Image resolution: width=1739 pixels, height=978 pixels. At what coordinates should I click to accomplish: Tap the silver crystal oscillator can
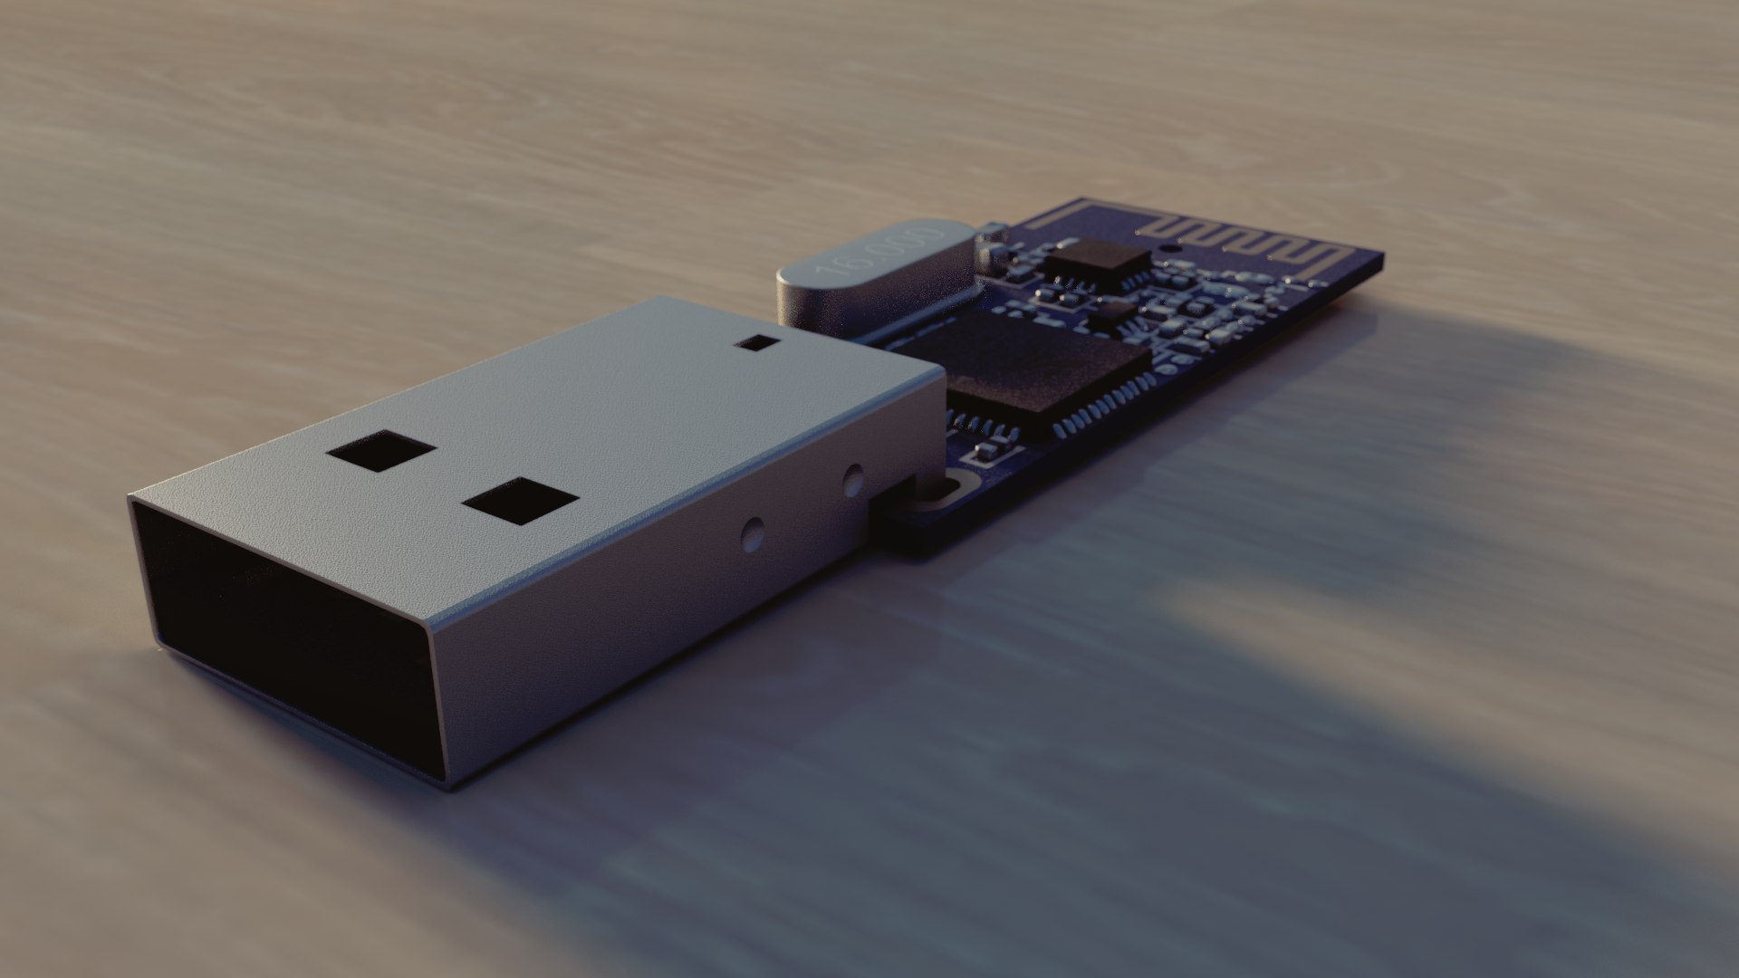[x=869, y=276]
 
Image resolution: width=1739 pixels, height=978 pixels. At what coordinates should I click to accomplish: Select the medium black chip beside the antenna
[x=1096, y=262]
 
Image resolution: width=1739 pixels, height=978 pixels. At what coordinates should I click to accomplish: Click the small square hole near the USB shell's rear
[x=757, y=342]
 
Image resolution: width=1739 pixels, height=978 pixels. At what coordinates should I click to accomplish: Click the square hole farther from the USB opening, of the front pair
[x=381, y=450]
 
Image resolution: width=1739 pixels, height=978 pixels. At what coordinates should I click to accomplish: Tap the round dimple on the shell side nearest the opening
[x=750, y=535]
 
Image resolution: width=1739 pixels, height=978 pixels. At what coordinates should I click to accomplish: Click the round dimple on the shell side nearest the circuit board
[x=851, y=480]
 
